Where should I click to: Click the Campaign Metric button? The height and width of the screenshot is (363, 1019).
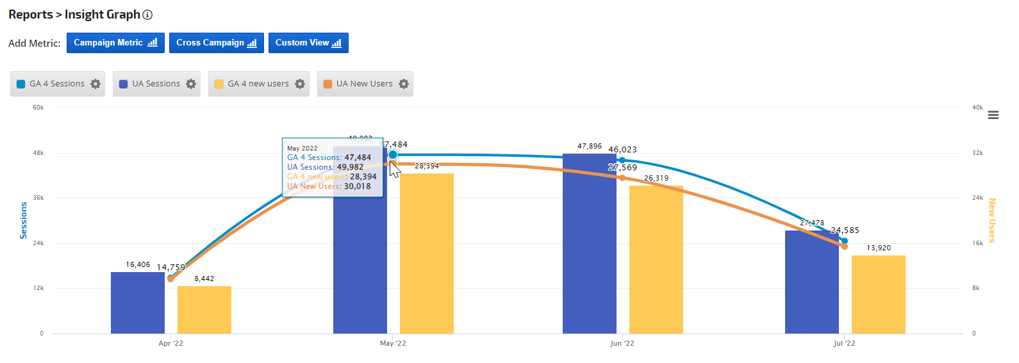[x=115, y=43]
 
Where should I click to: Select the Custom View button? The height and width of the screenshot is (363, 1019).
[x=308, y=43]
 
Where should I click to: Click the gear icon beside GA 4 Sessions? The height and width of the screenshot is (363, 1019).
[x=95, y=84]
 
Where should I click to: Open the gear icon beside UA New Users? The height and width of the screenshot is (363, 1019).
[x=404, y=84]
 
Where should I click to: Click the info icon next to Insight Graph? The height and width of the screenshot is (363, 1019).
[x=147, y=15]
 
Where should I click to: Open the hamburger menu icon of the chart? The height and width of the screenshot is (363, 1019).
[x=993, y=115]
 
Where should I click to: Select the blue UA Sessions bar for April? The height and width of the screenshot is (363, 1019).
[x=138, y=303]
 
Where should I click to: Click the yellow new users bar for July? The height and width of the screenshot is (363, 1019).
[x=878, y=294]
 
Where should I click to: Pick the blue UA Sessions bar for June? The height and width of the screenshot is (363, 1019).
[x=589, y=243]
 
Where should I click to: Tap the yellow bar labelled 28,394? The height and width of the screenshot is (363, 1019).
[x=426, y=254]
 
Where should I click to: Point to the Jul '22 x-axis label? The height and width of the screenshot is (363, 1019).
[x=844, y=344]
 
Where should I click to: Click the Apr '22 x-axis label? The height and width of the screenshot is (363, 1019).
[x=171, y=344]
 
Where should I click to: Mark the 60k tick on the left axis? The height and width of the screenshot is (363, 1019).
[x=38, y=108]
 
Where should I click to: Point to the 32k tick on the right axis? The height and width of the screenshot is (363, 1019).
[x=977, y=153]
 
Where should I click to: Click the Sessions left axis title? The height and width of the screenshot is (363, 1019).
[x=24, y=220]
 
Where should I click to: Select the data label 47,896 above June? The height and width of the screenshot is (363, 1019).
[x=590, y=147]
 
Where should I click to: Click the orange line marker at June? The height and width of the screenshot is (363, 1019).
[x=622, y=177]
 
